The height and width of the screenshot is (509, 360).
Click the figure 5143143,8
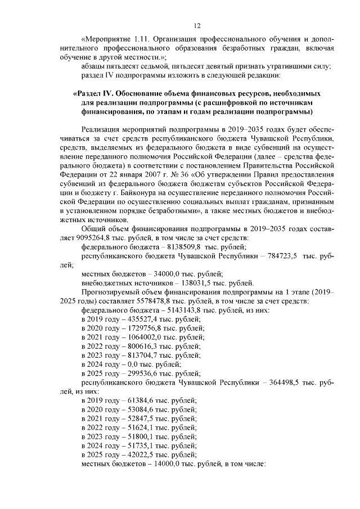(x=179, y=310)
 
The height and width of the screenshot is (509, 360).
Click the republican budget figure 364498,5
(x=287, y=382)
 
